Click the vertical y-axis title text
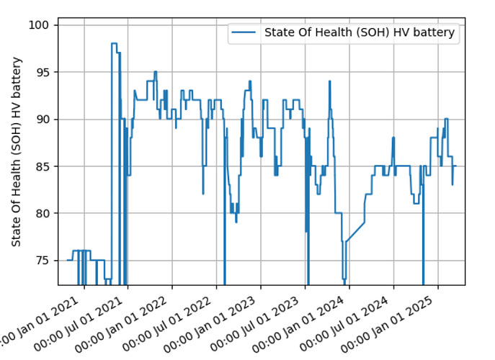[x=17, y=152]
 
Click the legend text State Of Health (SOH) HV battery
[x=360, y=33]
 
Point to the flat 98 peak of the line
[x=114, y=44]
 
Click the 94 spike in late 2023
[x=329, y=82]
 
